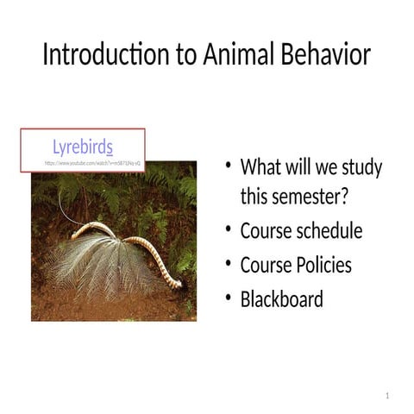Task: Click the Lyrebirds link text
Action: (x=83, y=147)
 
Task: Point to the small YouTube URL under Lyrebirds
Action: (x=93, y=162)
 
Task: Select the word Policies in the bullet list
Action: (x=320, y=265)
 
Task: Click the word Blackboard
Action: (x=281, y=299)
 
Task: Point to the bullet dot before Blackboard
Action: (x=227, y=298)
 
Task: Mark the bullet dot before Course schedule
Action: (x=227, y=230)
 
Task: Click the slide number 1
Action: (x=388, y=395)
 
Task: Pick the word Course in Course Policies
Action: (x=266, y=265)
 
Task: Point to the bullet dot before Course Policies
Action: (x=227, y=264)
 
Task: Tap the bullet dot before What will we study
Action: (x=227, y=166)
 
